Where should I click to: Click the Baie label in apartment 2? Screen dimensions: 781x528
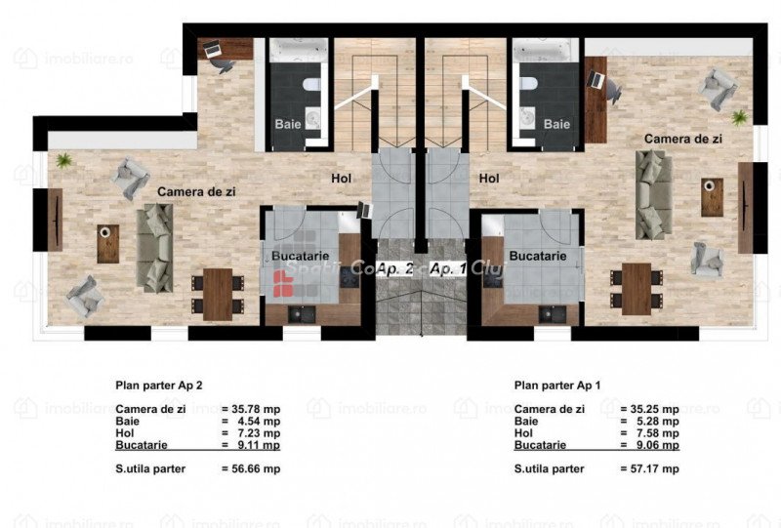pyautogui.click(x=288, y=124)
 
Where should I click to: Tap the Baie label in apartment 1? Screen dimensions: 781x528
pyautogui.click(x=556, y=124)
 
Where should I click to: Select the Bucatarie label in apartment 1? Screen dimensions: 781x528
pyautogui.click(x=538, y=256)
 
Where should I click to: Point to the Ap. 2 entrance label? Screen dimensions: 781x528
pyautogui.click(x=394, y=269)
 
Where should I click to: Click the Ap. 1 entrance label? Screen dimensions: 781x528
pyautogui.click(x=448, y=269)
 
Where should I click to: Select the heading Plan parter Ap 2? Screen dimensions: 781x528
pyautogui.click(x=159, y=386)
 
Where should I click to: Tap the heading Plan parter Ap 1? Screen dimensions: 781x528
pyautogui.click(x=557, y=386)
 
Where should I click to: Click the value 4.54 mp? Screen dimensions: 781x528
pyautogui.click(x=259, y=422)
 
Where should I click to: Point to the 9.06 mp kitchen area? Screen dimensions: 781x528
pyautogui.click(x=658, y=445)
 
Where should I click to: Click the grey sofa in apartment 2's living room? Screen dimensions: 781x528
pyautogui.click(x=155, y=248)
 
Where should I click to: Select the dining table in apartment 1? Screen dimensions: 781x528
pyautogui.click(x=637, y=289)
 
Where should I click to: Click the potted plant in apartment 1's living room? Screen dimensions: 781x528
pyautogui.click(x=740, y=118)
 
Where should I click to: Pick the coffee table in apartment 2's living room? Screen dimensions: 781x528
pyautogui.click(x=108, y=244)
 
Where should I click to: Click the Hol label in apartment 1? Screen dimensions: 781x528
pyautogui.click(x=489, y=178)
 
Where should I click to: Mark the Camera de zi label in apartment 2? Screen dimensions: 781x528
pyautogui.click(x=196, y=191)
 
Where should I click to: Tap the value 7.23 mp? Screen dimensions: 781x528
pyautogui.click(x=259, y=433)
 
